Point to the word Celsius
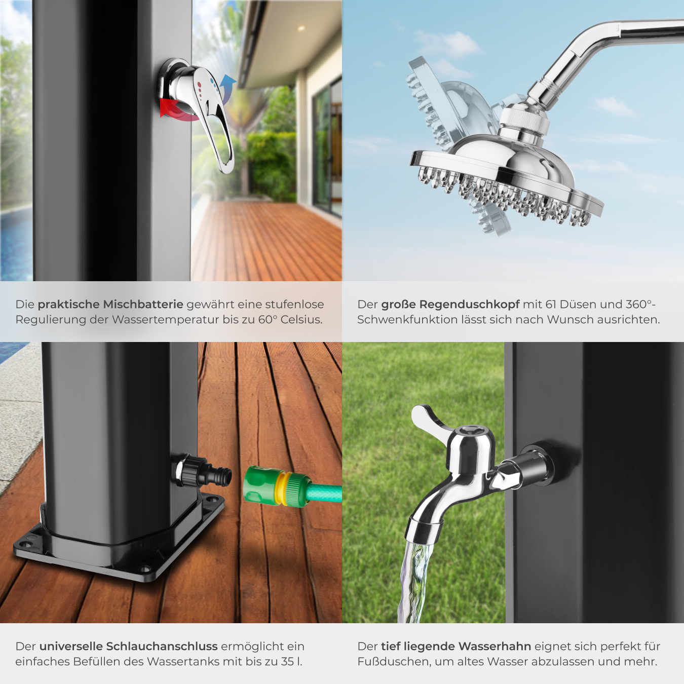pos(301,320)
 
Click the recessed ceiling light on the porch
pos(301,28)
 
